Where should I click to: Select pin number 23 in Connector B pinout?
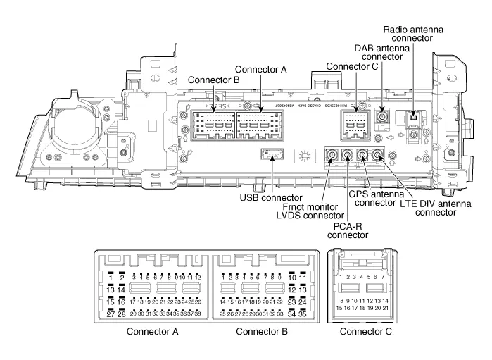coord(291,302)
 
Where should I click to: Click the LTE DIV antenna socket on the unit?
coord(379,156)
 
